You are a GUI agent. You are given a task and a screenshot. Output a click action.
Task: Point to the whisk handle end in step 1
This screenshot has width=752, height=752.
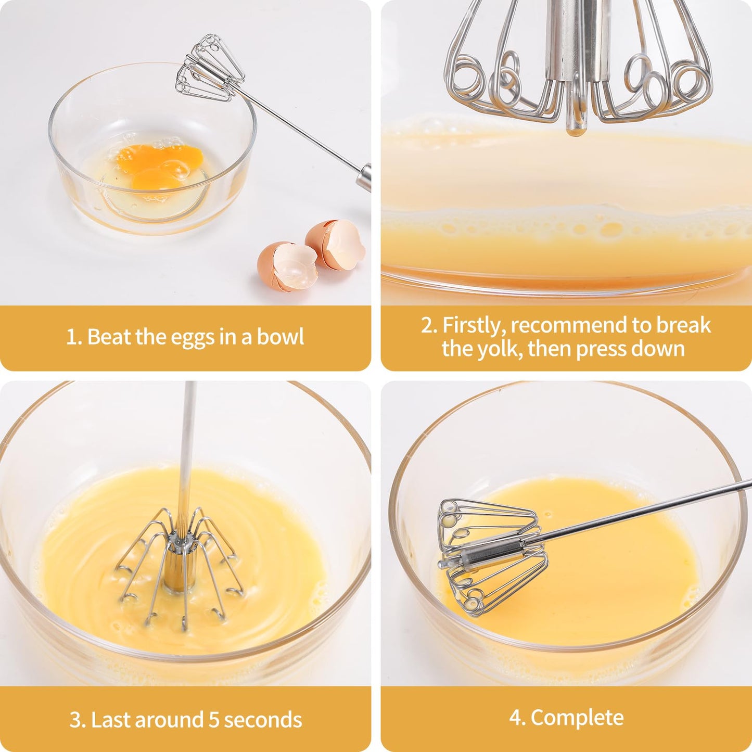point(364,177)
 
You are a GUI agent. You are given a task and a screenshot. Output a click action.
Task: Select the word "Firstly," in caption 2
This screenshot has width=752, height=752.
point(474,325)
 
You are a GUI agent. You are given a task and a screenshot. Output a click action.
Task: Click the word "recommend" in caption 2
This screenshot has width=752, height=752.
point(569,325)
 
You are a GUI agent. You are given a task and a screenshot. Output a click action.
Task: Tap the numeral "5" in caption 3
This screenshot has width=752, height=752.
point(214,720)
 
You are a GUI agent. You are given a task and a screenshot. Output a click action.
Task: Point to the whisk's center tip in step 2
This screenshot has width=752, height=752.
point(575,127)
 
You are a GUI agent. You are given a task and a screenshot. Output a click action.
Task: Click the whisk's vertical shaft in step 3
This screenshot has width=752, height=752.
point(186,458)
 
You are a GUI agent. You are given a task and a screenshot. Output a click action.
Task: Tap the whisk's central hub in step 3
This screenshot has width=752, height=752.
point(177,567)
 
